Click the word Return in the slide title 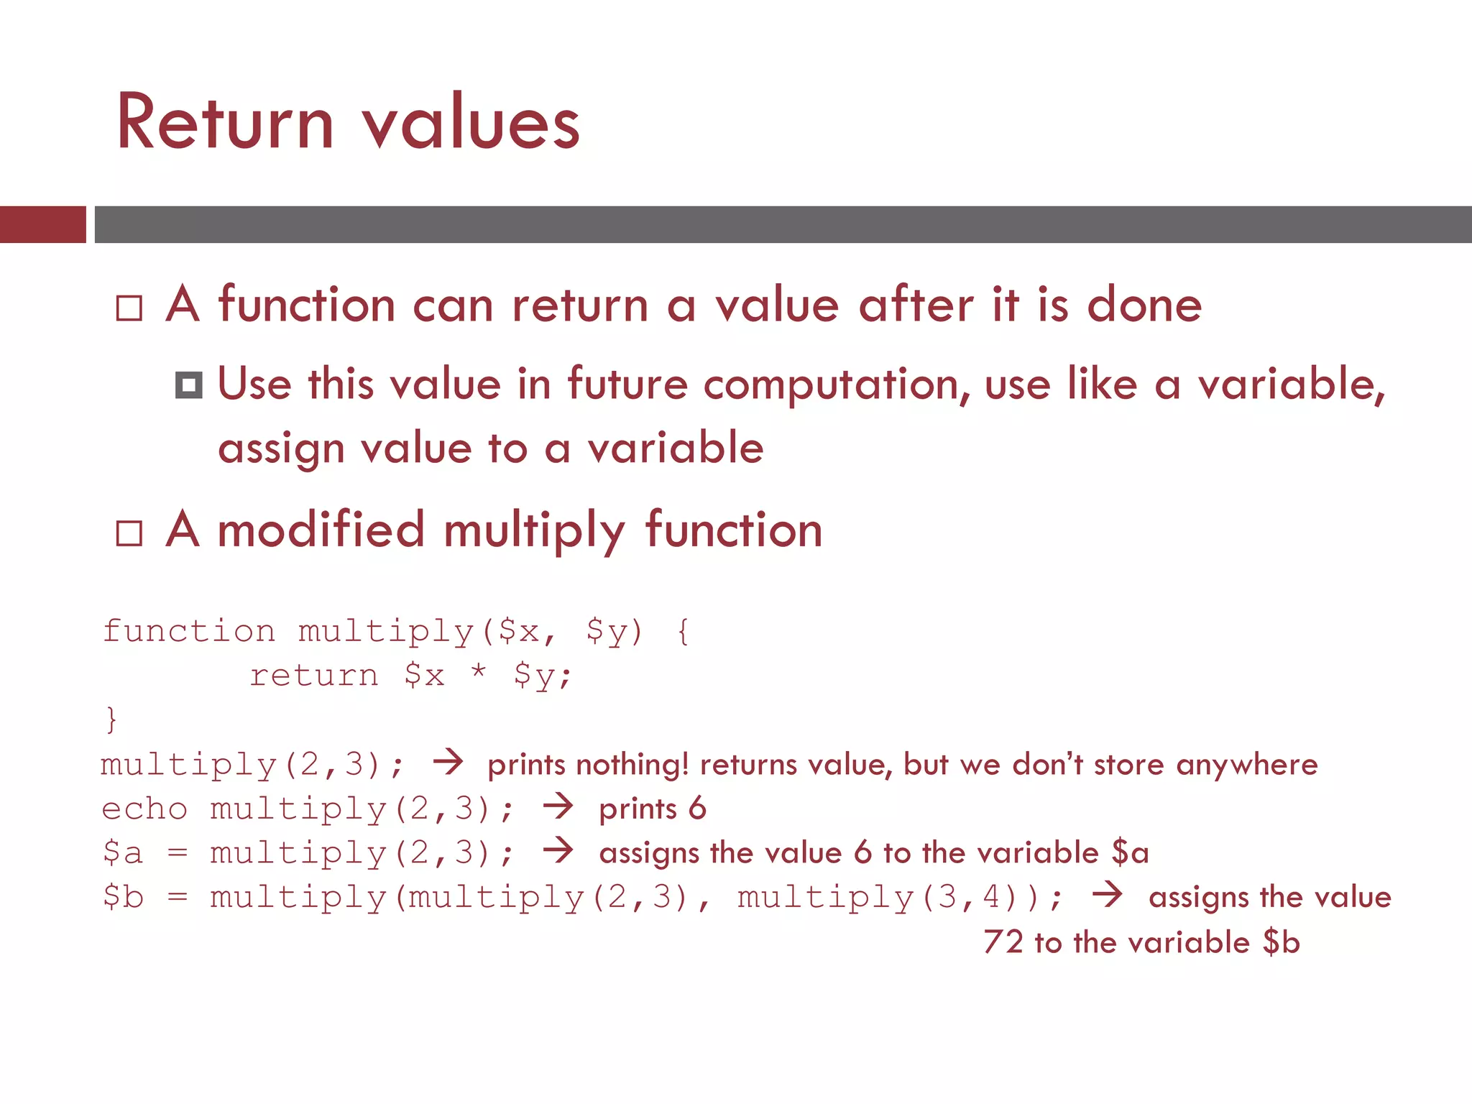pos(225,124)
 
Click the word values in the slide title pos(471,124)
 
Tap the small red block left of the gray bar pos(42,224)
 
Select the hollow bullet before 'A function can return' pos(129,308)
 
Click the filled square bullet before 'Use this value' pos(188,385)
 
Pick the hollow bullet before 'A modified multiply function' pos(129,533)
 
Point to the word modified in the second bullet pos(321,530)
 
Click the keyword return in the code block pos(313,675)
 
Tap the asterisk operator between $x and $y pos(478,673)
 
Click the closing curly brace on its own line pos(111,719)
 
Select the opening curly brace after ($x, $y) pos(684,631)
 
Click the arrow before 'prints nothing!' pos(448,762)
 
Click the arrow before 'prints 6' pos(558,806)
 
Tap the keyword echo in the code pos(144,809)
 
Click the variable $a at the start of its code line pos(123,852)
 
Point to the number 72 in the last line pos(1003,942)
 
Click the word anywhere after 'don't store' pos(1247,765)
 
